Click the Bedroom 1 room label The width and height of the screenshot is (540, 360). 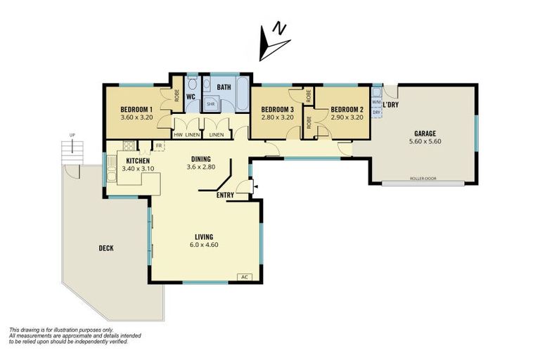(136, 109)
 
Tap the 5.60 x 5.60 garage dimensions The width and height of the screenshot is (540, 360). (424, 141)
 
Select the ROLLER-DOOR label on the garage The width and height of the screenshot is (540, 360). (423, 179)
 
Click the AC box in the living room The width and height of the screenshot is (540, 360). (245, 276)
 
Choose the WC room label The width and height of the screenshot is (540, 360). (190, 96)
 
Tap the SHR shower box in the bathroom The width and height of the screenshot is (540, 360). (211, 104)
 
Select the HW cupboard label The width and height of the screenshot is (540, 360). (178, 135)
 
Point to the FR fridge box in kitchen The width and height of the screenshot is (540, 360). (160, 146)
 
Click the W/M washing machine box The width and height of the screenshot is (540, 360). (377, 101)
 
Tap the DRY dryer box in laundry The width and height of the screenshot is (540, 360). (377, 112)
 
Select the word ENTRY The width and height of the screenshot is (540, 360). (225, 195)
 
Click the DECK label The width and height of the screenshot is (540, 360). (106, 247)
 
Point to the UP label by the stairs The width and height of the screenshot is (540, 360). (72, 135)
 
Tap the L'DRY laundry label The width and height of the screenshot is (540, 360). (391, 105)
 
